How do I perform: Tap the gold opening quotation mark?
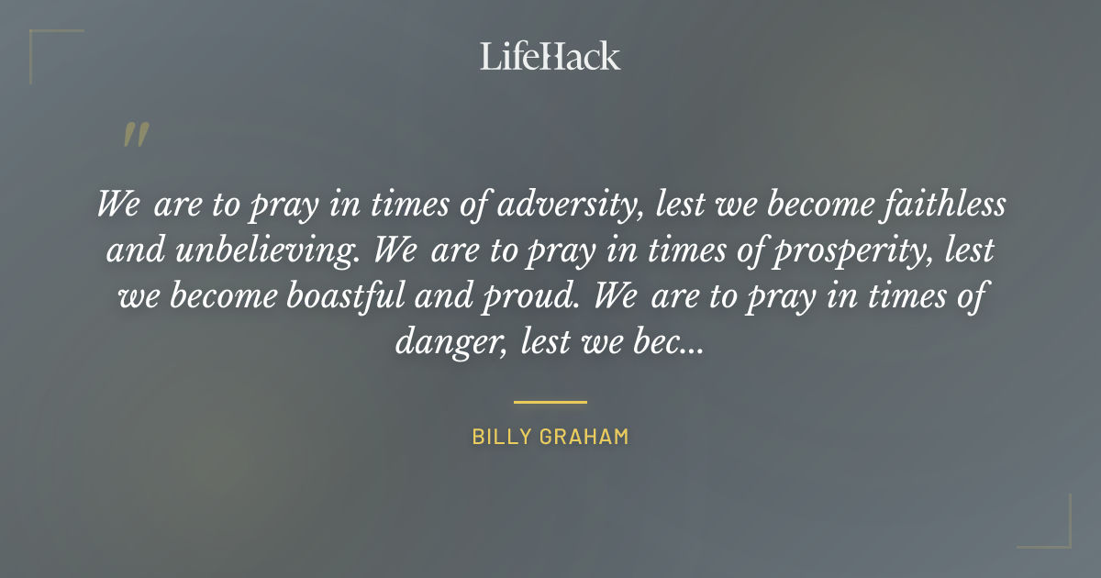click(x=135, y=136)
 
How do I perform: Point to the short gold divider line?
click(x=550, y=402)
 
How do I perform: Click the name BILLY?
click(x=503, y=437)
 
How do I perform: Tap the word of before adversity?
click(x=475, y=205)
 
